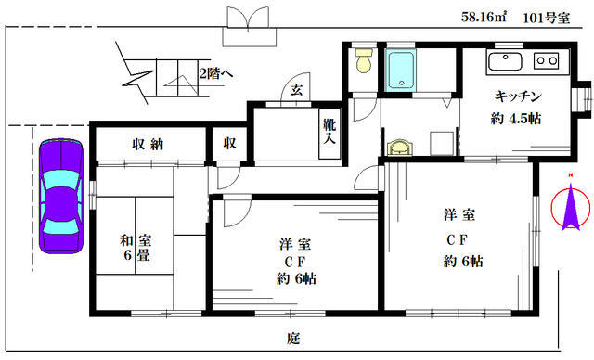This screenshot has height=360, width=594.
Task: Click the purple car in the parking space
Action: click(61, 196)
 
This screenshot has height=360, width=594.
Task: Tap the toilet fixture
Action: click(364, 60)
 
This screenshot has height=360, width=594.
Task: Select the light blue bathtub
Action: click(401, 71)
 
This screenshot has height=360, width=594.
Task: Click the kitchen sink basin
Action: click(505, 61)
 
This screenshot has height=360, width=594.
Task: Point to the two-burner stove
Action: click(547, 60)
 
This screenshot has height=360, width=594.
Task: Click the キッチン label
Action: click(518, 96)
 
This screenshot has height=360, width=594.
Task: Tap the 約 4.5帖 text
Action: click(516, 119)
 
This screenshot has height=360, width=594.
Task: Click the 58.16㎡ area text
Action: click(484, 17)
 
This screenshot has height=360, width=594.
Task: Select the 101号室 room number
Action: click(547, 18)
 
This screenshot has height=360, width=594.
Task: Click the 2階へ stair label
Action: click(216, 73)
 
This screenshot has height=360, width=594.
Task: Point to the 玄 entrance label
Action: click(297, 90)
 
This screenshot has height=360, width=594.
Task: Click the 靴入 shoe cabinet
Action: click(329, 134)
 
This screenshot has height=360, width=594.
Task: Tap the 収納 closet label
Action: click(148, 144)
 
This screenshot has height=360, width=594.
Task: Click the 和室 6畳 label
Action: click(136, 247)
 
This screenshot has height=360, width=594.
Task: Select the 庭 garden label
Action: click(293, 338)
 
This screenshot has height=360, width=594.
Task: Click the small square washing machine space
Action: click(442, 143)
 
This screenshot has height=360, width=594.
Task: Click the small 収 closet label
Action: click(229, 143)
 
